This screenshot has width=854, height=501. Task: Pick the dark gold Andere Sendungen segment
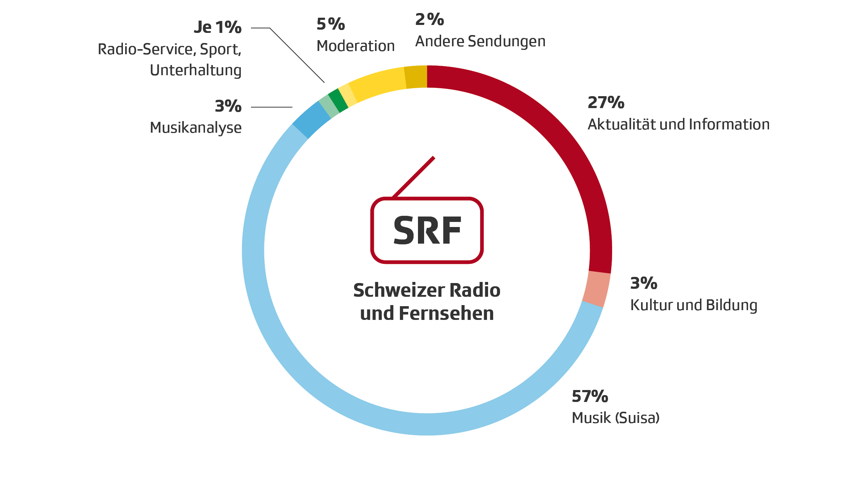416,77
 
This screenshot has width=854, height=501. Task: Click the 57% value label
590,397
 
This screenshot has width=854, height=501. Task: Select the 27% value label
606,103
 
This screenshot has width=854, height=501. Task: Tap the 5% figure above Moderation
330,24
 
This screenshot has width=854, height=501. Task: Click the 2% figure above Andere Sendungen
430,20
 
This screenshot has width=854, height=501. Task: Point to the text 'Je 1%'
218,27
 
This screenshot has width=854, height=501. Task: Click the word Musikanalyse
196,128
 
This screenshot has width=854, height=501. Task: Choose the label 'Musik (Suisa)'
615,418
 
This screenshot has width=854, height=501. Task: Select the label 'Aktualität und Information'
678,124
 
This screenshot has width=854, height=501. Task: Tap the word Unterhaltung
196,70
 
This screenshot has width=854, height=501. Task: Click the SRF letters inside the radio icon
427,231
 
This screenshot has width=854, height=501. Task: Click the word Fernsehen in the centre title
446,313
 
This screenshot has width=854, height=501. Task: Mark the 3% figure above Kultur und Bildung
644,283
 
